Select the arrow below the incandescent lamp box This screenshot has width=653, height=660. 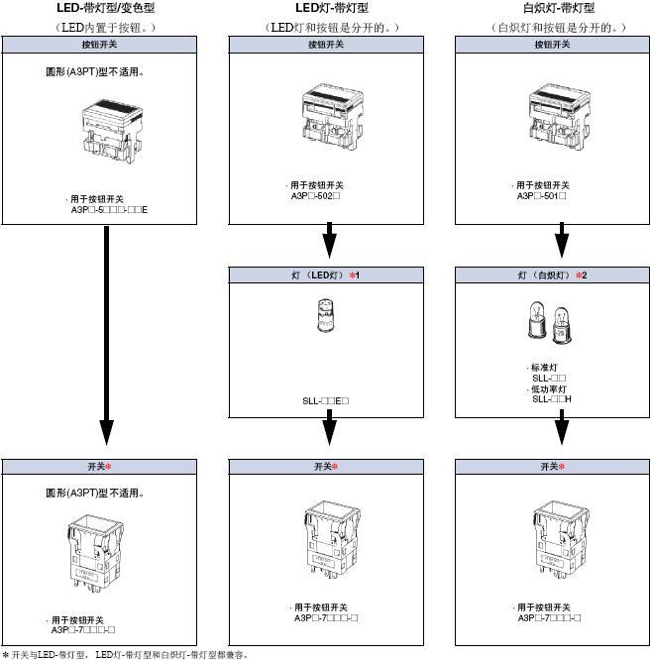tap(561, 431)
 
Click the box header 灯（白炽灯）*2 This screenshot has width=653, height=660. tap(560, 275)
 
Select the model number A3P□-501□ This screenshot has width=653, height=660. tap(542, 196)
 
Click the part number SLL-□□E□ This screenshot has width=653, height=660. tap(326, 401)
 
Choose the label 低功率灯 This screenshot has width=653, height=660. tap(550, 388)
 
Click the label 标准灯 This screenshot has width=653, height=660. tap(545, 368)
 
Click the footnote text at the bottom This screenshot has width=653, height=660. tap(124, 654)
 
